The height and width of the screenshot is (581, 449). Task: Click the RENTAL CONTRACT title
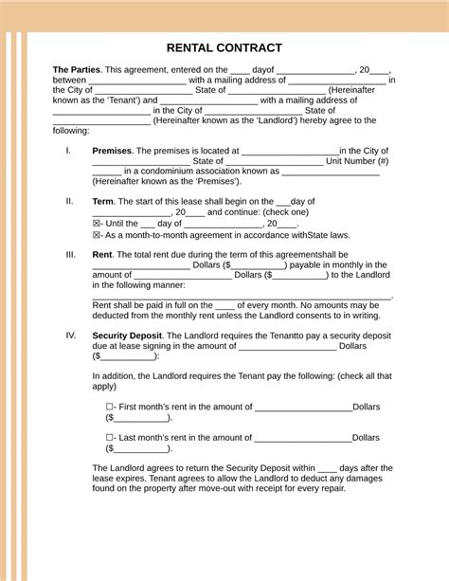pos(224,47)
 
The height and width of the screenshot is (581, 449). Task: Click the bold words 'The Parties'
pos(76,69)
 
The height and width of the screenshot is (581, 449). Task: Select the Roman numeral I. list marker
pos(68,151)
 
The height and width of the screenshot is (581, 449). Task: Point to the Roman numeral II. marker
pos(69,201)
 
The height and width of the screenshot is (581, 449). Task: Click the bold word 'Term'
pos(102,201)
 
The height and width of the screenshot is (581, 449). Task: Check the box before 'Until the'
pos(97,224)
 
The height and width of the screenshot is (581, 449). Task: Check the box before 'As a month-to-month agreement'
pos(97,235)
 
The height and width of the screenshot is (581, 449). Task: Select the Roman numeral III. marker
pos(70,254)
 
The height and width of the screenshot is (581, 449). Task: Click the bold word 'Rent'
pos(101,254)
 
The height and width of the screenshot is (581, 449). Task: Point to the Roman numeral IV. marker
pos(70,336)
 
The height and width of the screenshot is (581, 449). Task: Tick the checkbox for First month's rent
pos(111,407)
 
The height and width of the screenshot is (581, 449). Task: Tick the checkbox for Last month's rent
pos(111,438)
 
